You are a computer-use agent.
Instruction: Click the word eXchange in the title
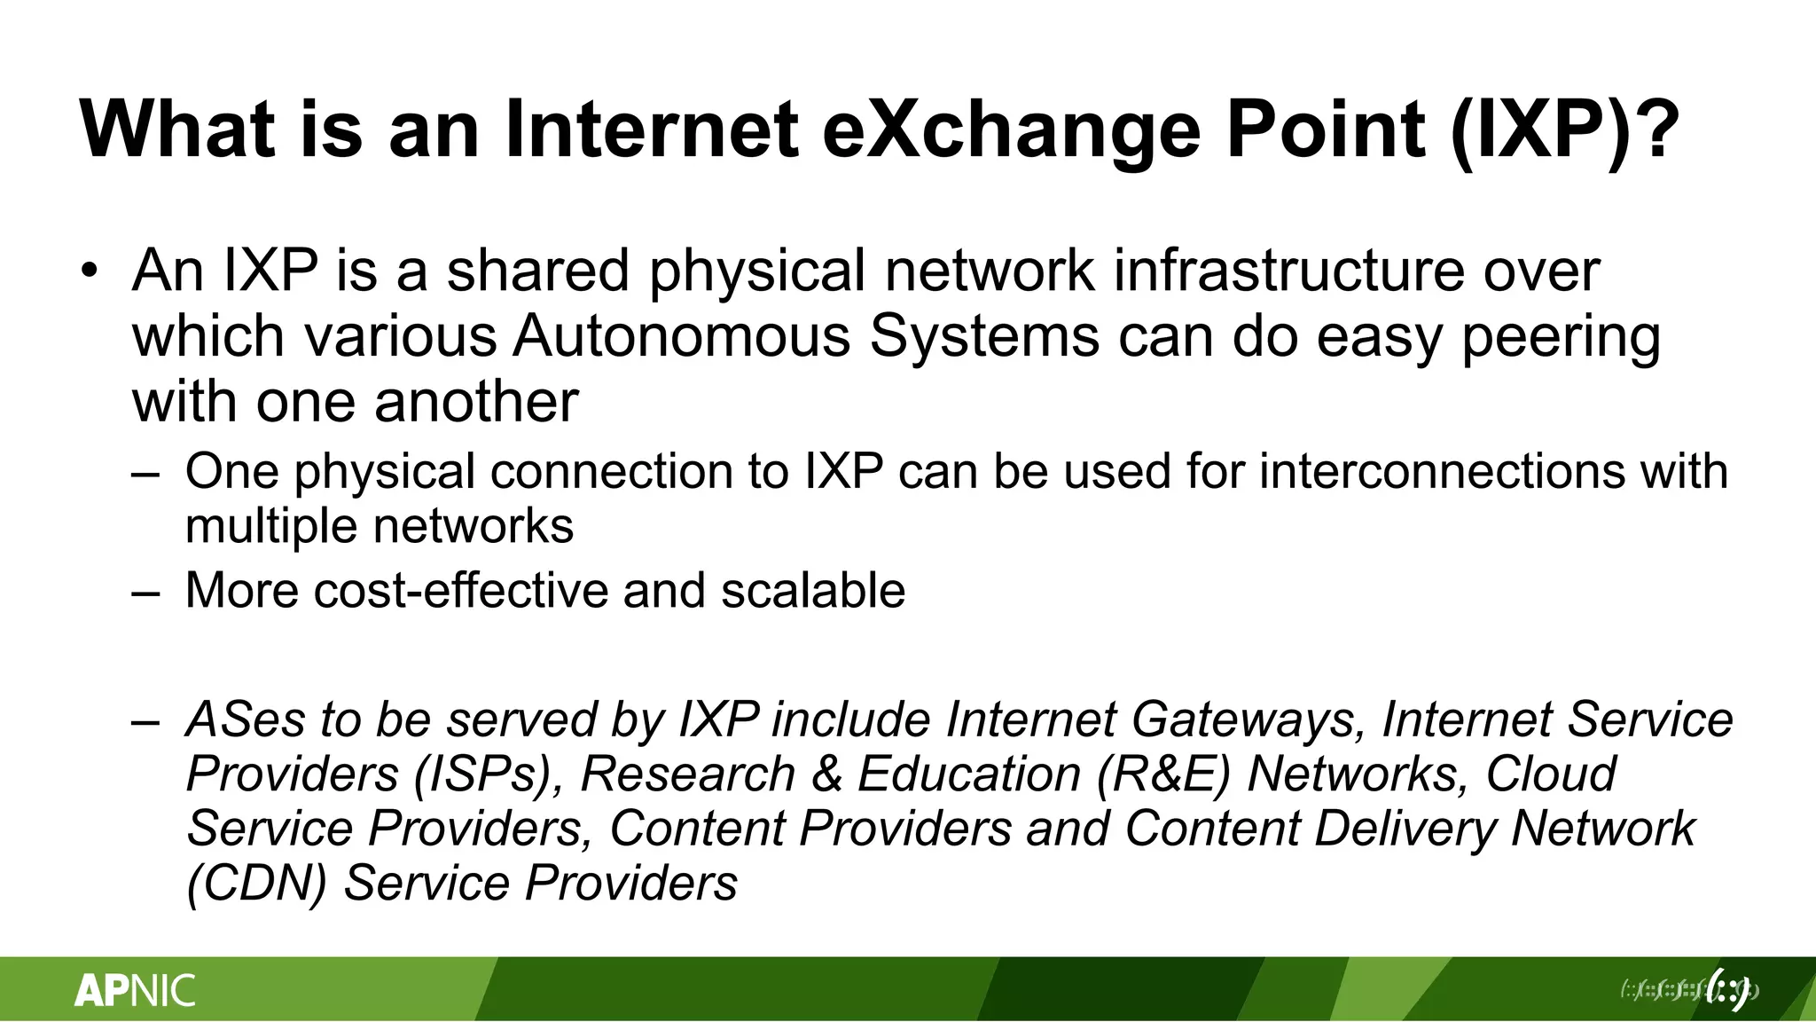coord(1011,130)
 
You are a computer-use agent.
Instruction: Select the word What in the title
coord(176,130)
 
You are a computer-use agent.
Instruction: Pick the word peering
coord(1561,338)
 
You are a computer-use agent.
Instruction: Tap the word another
coord(476,401)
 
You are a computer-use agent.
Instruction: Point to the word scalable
coord(813,590)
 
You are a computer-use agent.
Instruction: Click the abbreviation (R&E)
coord(1163,774)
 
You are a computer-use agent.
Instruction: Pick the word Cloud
coord(1551,774)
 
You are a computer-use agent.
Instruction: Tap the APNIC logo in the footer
coord(135,990)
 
